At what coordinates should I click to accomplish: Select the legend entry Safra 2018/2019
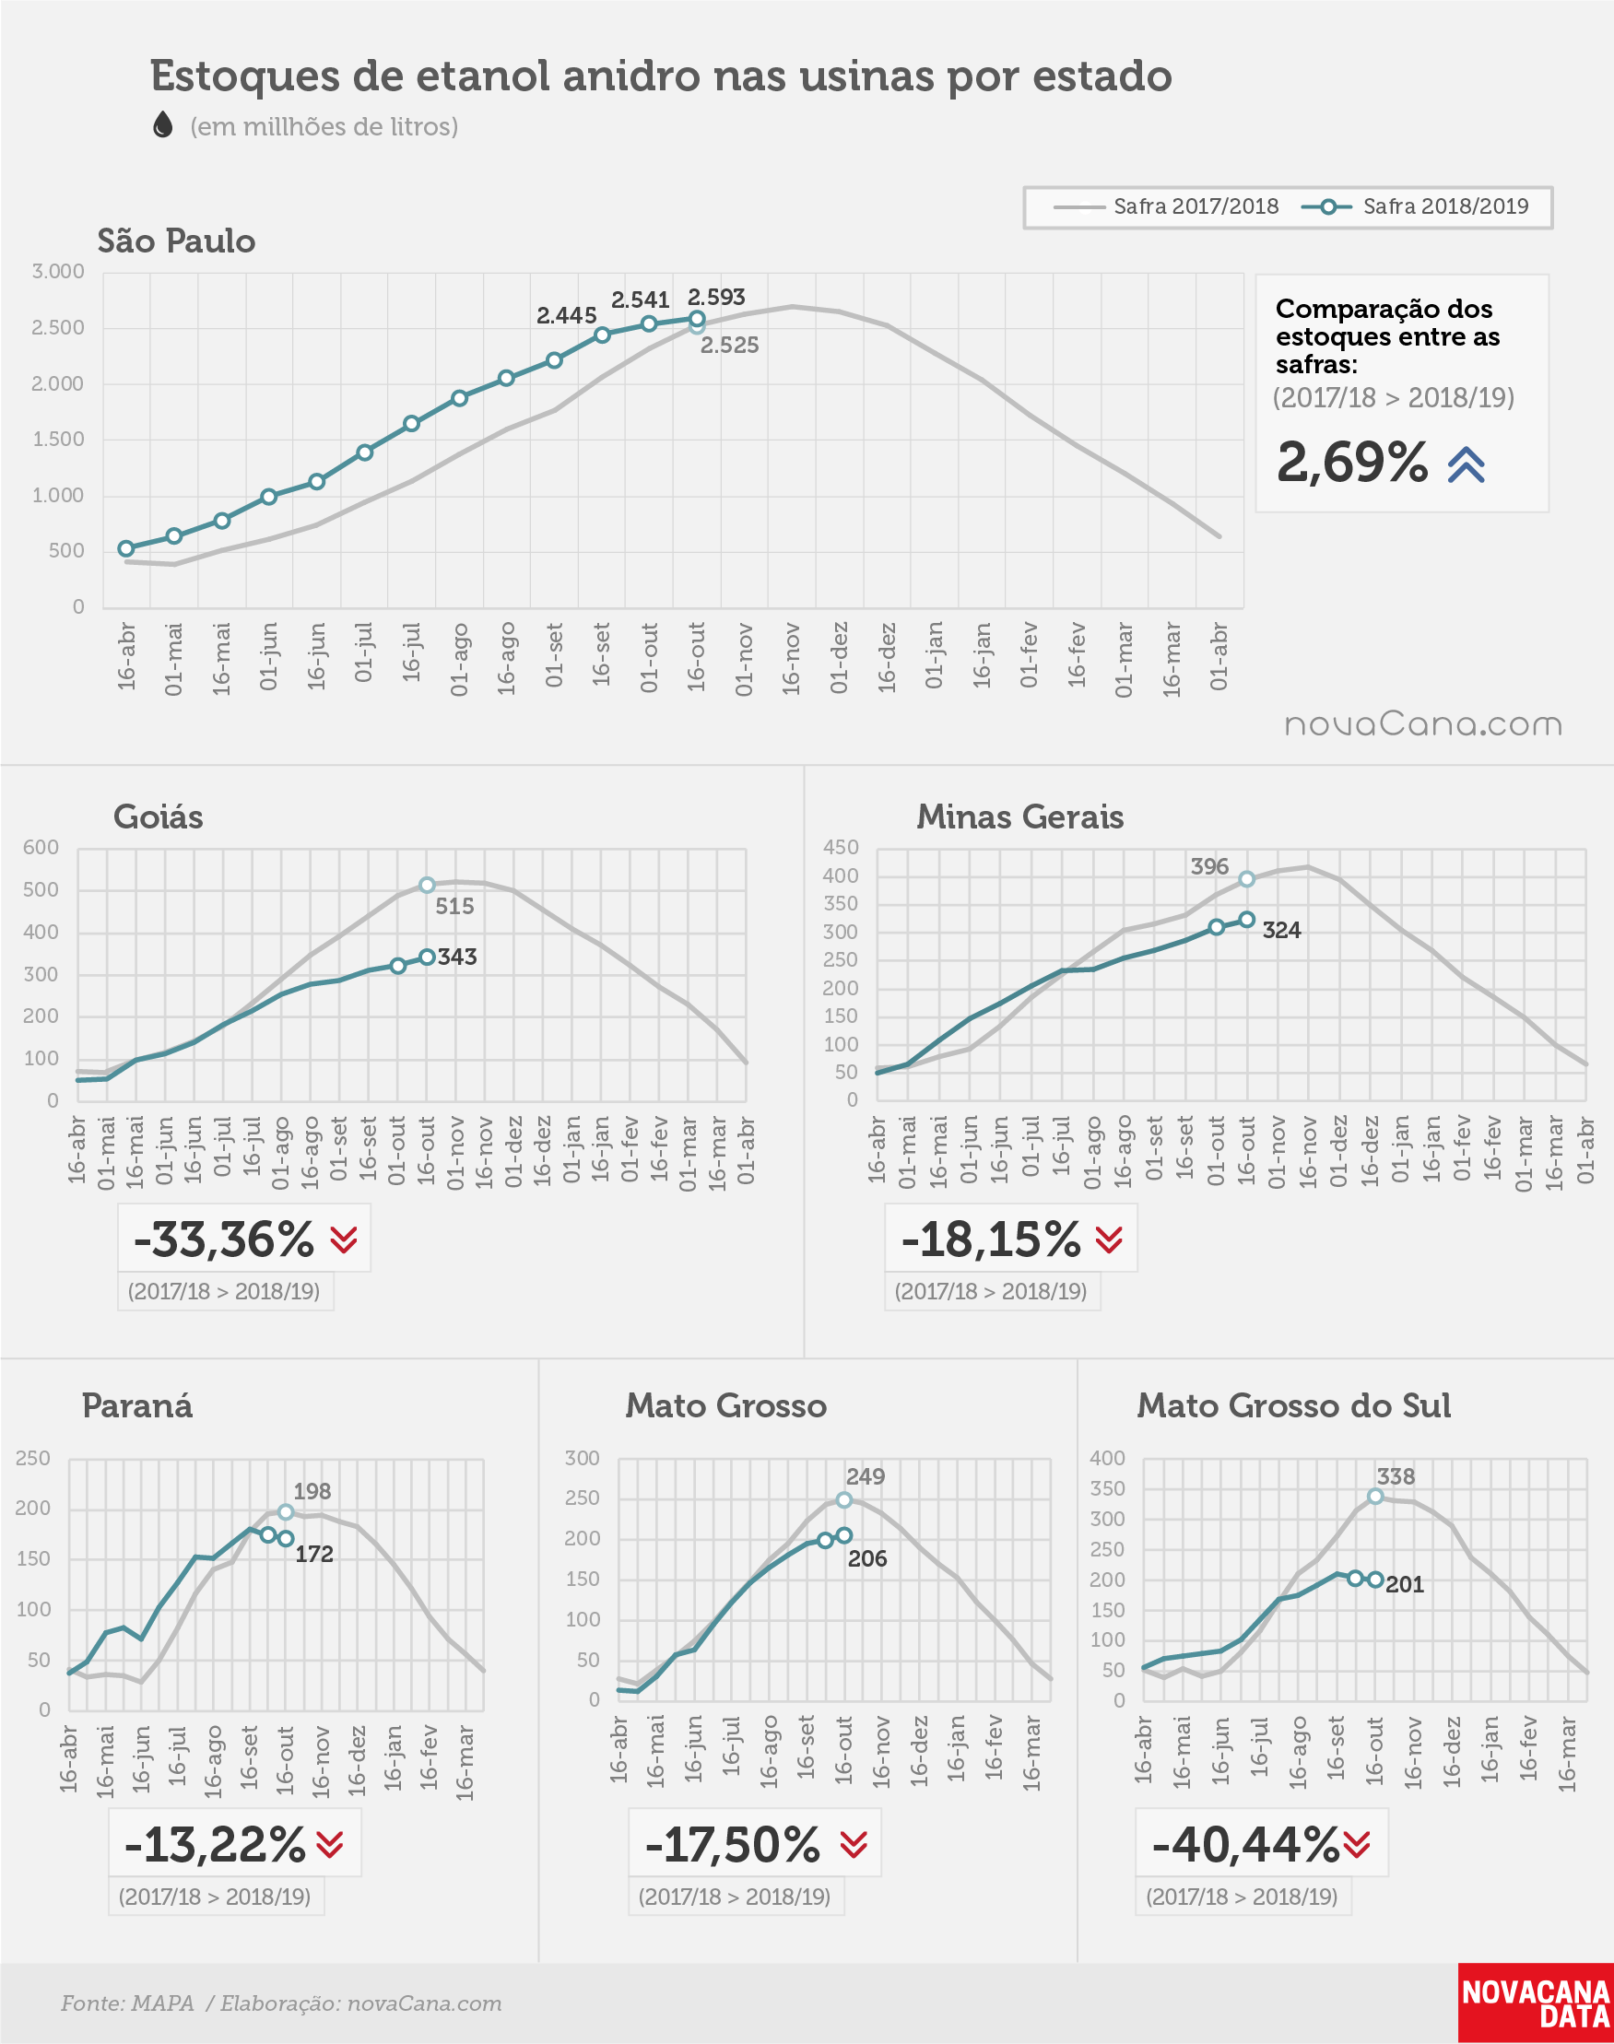coord(1415,206)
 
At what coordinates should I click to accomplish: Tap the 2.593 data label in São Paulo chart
coord(716,298)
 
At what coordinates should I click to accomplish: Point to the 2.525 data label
coord(729,346)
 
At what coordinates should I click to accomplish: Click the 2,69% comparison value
coord(1352,462)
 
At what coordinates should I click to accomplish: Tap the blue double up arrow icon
coord(1466,464)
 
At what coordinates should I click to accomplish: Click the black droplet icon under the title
coord(163,124)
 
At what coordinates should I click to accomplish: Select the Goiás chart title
coord(159,817)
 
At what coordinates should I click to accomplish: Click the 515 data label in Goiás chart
coord(454,907)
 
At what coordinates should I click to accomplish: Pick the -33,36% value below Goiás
coord(223,1239)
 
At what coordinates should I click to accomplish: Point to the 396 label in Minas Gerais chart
coord(1209,867)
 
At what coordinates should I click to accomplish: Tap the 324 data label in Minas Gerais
coord(1281,931)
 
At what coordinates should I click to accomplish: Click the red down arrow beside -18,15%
coord(1109,1240)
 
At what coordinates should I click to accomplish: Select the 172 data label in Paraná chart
coord(313,1555)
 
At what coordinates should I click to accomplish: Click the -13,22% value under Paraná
coord(216,1845)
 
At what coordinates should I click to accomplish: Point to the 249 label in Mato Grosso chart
coord(866,1477)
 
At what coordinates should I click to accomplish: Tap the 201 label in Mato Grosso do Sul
coord(1404,1585)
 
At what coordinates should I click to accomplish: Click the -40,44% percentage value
coord(1245,1845)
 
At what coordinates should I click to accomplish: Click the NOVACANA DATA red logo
coord(1536,2003)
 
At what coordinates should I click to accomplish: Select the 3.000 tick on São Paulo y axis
coord(59,272)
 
